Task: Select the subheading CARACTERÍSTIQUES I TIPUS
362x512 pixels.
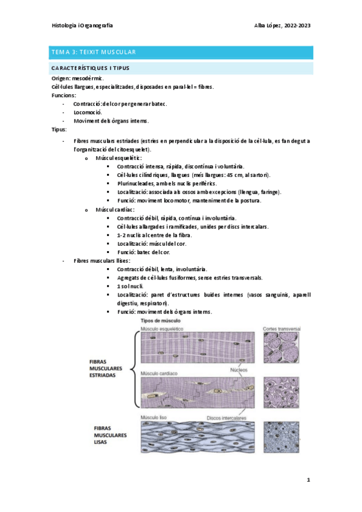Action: click(91, 68)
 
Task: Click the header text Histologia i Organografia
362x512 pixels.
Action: click(83, 26)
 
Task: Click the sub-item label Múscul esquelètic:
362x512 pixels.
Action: click(118, 157)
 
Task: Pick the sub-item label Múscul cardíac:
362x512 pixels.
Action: click(115, 209)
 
